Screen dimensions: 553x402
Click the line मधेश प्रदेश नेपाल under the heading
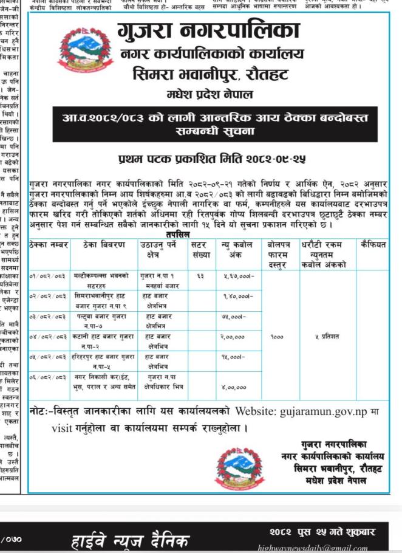[210, 95]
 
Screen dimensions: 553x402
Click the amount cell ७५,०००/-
[233, 316]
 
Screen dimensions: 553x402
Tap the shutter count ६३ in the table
[200, 275]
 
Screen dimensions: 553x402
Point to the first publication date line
[211, 159]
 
